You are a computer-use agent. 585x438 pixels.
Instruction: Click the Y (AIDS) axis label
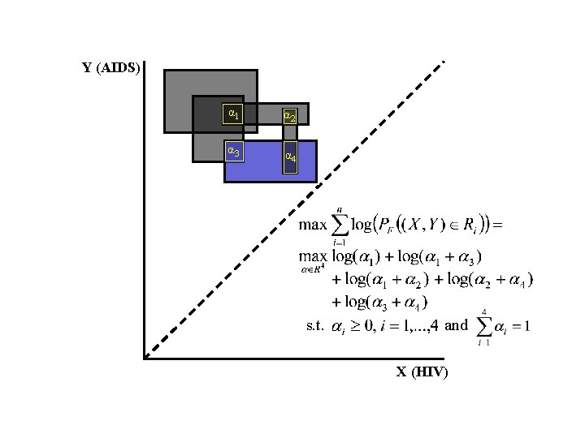pos(111,67)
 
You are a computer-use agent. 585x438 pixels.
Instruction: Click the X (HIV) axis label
pos(422,372)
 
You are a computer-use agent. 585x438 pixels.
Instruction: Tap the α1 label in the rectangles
pos(233,113)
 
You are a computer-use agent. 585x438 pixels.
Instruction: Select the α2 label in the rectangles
pos(289,118)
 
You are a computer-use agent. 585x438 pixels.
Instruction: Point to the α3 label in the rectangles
pos(233,150)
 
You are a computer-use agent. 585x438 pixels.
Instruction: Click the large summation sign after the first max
pos(340,225)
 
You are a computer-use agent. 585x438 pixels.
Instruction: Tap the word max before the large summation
pos(312,225)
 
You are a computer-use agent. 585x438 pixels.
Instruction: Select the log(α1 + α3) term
pos(438,258)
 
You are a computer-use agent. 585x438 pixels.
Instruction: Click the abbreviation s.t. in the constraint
pos(315,326)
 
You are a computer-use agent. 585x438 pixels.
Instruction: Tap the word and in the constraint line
pos(457,325)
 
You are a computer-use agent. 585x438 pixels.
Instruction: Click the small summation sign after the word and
pos(484,327)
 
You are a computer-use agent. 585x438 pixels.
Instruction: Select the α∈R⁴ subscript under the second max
pos(312,268)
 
